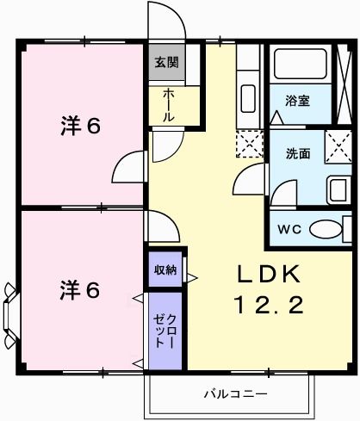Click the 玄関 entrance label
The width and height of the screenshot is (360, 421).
click(x=165, y=63)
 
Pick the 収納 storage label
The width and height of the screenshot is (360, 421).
click(x=164, y=269)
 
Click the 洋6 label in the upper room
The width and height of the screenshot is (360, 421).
click(x=81, y=126)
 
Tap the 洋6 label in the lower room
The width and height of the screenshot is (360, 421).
click(x=81, y=289)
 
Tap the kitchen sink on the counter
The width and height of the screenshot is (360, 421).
click(x=248, y=95)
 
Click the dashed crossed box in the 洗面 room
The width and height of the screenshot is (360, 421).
click(x=338, y=146)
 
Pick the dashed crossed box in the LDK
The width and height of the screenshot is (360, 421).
click(x=249, y=144)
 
